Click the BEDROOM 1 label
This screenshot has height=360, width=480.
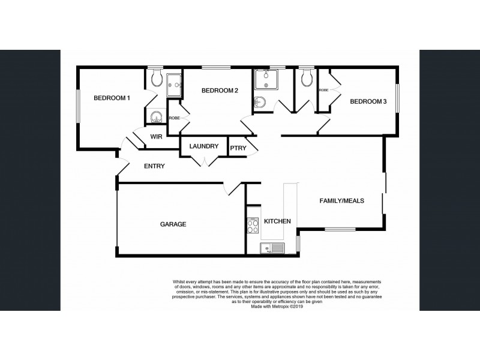pyautogui.click(x=112, y=98)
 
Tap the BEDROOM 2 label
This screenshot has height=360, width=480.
pyautogui.click(x=220, y=91)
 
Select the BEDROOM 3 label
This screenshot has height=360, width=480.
pyautogui.click(x=368, y=101)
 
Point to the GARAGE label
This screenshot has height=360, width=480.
pyautogui.click(x=173, y=224)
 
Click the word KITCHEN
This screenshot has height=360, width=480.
pyautogui.click(x=278, y=221)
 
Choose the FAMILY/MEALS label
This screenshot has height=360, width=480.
pyautogui.click(x=341, y=201)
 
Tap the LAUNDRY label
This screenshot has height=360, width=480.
pyautogui.click(x=203, y=146)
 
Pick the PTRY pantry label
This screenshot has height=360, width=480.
pyautogui.click(x=238, y=148)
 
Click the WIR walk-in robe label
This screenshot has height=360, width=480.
pyautogui.click(x=157, y=137)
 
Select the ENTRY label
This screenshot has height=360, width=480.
pyautogui.click(x=154, y=166)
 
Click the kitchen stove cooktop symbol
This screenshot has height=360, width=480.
pyautogui.click(x=253, y=226)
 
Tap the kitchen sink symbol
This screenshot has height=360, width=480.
pyautogui.click(x=272, y=248)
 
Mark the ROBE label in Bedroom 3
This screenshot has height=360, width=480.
pyautogui.click(x=323, y=90)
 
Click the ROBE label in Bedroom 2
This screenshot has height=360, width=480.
pyautogui.click(x=174, y=118)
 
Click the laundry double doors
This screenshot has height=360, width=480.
pyautogui.click(x=205, y=160)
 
